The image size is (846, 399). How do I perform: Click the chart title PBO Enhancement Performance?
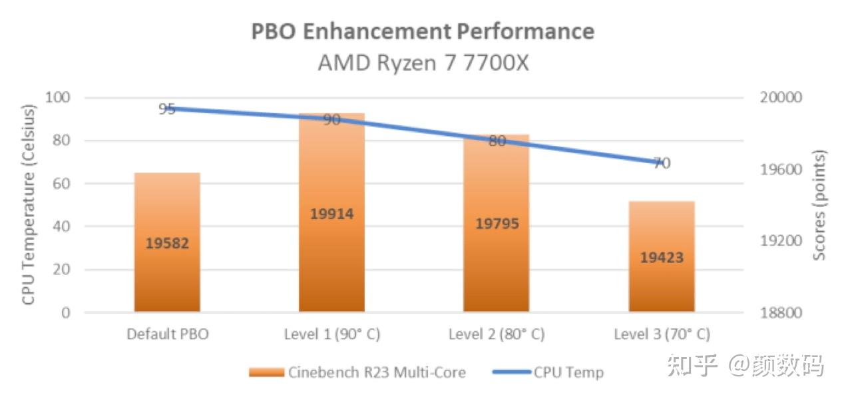[x=422, y=31]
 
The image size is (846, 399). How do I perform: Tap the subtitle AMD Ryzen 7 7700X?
[x=423, y=63]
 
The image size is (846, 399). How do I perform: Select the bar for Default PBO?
[x=167, y=266]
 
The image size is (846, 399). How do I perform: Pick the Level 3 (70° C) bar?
[x=661, y=280]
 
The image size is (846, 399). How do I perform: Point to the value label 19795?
[x=497, y=223]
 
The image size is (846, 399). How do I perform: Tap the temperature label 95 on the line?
[x=167, y=109]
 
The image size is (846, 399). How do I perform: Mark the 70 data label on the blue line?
[x=661, y=163]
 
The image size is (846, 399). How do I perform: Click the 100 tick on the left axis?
[x=57, y=97]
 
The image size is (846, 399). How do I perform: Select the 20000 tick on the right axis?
[x=779, y=97]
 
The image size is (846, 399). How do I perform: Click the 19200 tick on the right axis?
[x=779, y=240]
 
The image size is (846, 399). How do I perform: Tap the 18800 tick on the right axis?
[x=779, y=312]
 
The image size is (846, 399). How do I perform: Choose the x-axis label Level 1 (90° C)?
[x=331, y=334]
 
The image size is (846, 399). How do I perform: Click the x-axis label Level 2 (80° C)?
[x=497, y=334]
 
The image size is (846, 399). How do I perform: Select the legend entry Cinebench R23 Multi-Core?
[x=357, y=372]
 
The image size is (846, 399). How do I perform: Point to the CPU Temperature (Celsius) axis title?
[x=29, y=204]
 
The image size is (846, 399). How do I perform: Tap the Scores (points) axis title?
[x=820, y=204]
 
